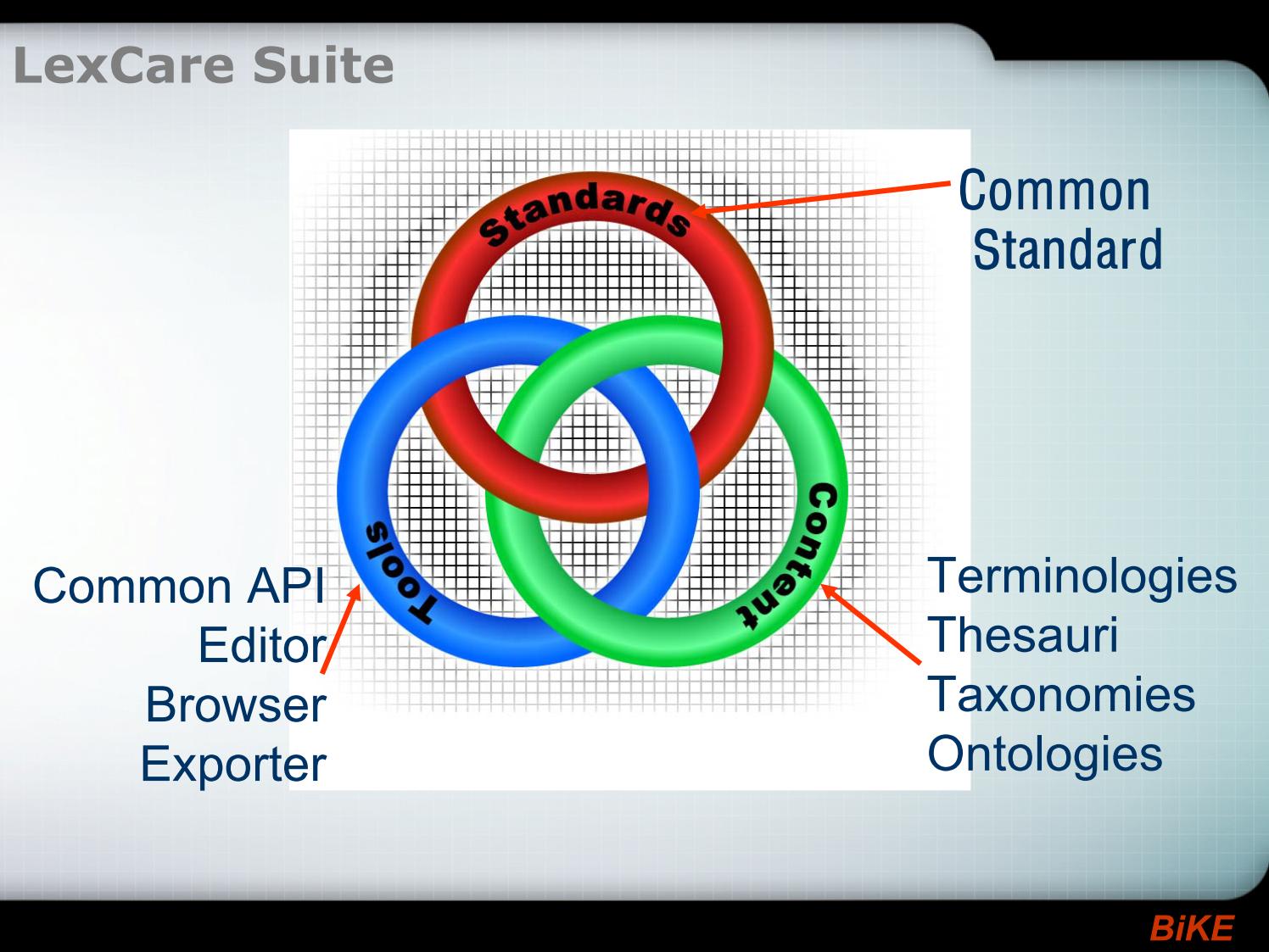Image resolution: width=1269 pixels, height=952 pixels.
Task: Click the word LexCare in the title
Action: click(124, 65)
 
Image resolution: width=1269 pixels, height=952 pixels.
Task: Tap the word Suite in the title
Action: click(323, 65)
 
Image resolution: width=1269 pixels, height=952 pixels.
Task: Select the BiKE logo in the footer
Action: click(1191, 928)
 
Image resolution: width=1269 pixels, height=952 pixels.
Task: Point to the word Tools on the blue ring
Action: click(399, 572)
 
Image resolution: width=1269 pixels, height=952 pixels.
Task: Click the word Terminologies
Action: click(1082, 577)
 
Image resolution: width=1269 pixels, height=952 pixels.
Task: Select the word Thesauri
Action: click(1023, 634)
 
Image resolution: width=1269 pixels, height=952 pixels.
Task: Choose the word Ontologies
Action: click(1045, 754)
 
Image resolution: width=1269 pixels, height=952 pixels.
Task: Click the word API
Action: click(286, 586)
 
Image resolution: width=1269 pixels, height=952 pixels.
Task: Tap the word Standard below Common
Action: click(1067, 249)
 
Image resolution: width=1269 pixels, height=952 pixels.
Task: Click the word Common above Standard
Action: click(1054, 191)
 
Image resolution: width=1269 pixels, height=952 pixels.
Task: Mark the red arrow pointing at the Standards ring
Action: click(821, 198)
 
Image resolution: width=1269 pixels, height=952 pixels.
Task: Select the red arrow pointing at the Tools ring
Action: click(341, 628)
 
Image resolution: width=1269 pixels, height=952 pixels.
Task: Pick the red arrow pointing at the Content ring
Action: click(870, 624)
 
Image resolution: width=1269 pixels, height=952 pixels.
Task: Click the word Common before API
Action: click(132, 586)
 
